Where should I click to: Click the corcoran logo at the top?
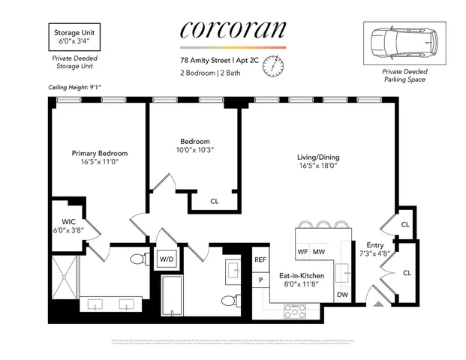(x=233, y=30)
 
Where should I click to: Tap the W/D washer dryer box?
(x=166, y=259)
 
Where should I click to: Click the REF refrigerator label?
(x=260, y=259)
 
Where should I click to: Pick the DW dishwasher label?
(x=341, y=295)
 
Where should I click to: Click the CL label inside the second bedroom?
(x=215, y=201)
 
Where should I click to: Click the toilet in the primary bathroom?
(x=136, y=259)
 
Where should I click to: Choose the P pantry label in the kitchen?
(x=260, y=280)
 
